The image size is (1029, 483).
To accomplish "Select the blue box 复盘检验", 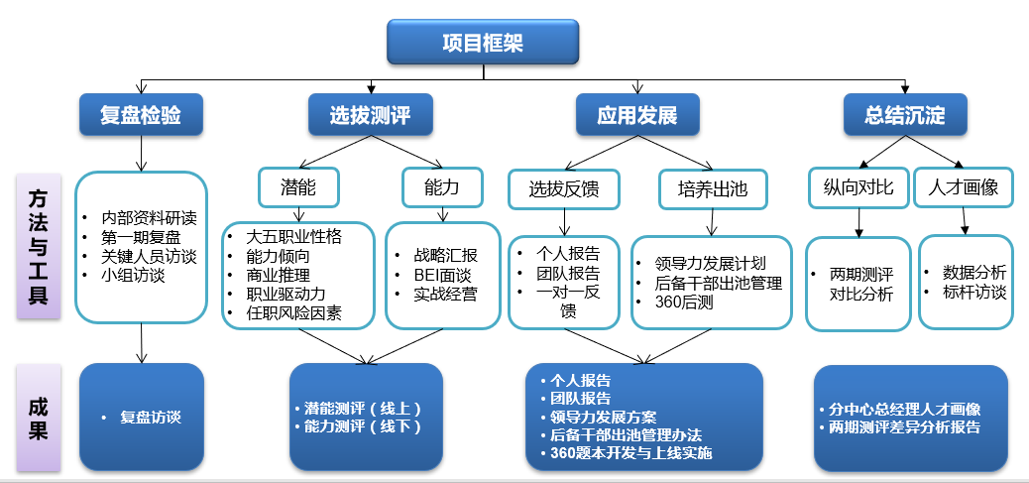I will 141,115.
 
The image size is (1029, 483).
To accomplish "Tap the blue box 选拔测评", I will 370,115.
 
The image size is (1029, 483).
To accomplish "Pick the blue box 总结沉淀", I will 905,115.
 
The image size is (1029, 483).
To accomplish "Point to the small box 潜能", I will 298,186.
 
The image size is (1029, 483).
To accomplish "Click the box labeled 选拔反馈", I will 564,187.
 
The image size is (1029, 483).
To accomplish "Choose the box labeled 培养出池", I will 712,187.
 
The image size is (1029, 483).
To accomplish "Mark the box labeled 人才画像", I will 964,186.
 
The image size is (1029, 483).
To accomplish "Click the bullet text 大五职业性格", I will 294,237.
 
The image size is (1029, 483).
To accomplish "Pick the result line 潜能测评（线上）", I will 363,408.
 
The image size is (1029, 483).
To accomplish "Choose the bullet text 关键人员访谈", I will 149,256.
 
